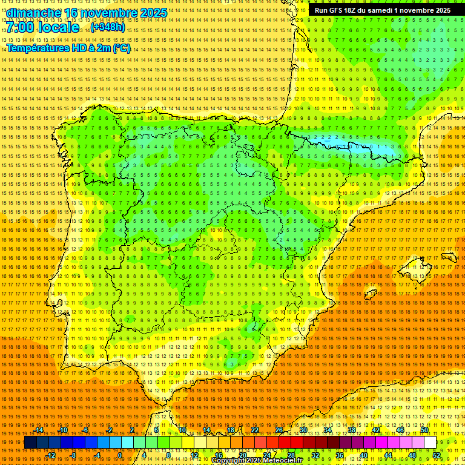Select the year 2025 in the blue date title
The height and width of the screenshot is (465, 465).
[151, 13]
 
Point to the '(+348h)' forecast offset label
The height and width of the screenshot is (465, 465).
[108, 28]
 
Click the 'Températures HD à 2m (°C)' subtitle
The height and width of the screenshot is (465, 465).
[68, 48]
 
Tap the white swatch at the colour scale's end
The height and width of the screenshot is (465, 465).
[430, 443]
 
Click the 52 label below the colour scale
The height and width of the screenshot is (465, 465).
[437, 455]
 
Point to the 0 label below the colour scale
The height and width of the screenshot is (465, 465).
[120, 455]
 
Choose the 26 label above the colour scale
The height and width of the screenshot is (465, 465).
[279, 430]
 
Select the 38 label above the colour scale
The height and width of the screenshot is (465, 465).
[352, 430]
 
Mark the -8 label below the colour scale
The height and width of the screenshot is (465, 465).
[73, 455]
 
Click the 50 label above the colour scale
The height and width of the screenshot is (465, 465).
[424, 430]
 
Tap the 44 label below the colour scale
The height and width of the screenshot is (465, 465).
[388, 455]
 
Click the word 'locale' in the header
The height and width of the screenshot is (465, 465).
[58, 28]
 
